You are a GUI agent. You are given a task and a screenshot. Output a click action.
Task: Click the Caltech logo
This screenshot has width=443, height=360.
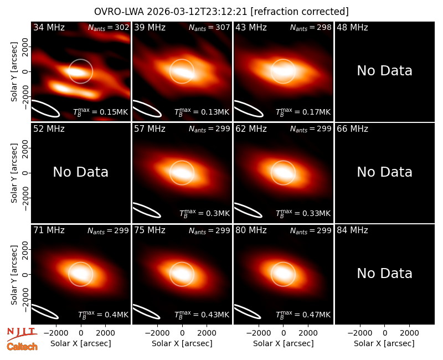pos(22,347)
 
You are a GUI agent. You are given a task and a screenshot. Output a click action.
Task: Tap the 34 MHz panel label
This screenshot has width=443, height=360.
pos(49,27)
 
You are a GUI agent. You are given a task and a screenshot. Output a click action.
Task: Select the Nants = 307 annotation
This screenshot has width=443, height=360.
pos(209,28)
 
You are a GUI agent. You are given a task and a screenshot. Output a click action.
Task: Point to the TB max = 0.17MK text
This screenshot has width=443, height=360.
pos(303,112)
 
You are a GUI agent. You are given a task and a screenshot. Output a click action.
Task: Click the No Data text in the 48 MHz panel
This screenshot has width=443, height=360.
pos(384,71)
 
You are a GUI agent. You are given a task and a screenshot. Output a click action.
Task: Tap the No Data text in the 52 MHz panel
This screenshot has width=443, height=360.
pos(80,172)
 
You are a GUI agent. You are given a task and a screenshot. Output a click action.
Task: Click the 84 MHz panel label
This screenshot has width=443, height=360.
pos(352,230)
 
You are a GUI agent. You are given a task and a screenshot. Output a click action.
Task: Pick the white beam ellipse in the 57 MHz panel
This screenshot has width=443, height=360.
pos(147,210)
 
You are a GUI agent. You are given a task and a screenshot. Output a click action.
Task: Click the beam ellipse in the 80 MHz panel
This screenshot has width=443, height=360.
pos(248,312)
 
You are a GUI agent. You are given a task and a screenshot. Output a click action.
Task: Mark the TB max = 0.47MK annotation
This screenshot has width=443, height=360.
pos(303,315)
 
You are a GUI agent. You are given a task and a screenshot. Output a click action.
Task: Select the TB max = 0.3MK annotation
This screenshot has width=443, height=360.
pos(204,213)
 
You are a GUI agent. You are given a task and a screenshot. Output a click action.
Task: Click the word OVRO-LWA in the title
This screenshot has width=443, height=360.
pos(119,12)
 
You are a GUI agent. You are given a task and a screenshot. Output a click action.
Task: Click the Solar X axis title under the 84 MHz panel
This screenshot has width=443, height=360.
pos(384,343)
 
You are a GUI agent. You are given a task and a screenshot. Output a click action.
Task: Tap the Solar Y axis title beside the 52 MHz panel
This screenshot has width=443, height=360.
pos(14,173)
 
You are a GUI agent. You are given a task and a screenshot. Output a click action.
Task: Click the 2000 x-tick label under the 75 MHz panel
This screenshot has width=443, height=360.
pos(207,333)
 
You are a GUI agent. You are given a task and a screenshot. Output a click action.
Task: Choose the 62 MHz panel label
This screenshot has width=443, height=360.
pos(251,129)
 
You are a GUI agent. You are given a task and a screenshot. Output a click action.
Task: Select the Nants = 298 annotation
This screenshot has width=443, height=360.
pos(311,28)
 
